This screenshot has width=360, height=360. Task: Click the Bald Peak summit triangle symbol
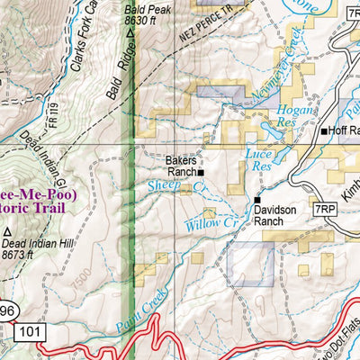pos(131,33)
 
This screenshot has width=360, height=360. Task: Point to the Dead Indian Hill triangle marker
pos(7,231)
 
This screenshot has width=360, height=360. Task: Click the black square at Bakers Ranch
pos(201,173)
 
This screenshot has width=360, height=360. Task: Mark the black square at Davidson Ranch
pos(257,200)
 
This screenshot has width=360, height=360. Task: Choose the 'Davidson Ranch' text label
pos(275,214)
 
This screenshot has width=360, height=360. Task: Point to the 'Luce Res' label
pos(258,159)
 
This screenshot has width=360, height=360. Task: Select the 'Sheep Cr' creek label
pos(171,186)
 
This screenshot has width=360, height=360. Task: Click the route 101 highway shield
pos(30,331)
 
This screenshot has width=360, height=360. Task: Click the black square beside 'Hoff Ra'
pos(325,131)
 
